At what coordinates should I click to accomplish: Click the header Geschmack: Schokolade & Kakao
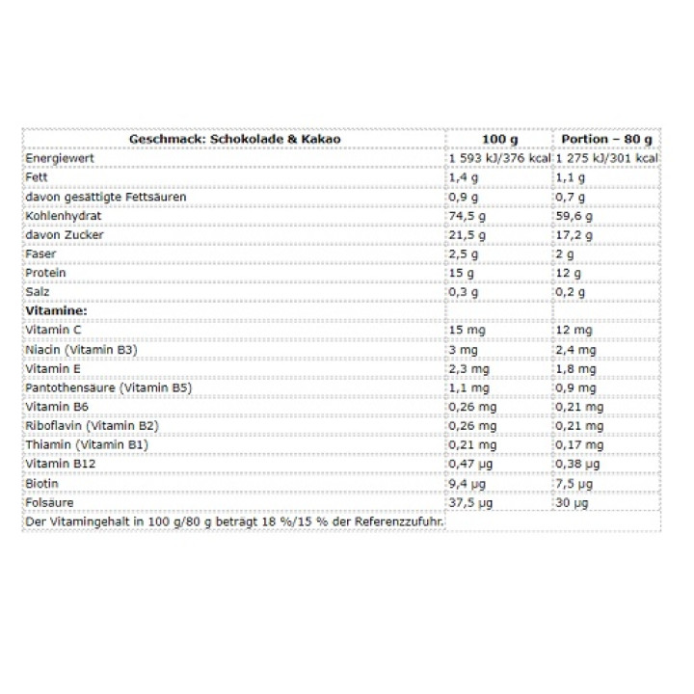click(234, 139)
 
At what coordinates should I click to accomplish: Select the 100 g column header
click(497, 139)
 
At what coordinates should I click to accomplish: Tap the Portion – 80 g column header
click(606, 139)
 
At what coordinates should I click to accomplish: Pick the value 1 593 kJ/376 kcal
click(498, 158)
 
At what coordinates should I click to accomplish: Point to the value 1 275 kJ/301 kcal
click(606, 158)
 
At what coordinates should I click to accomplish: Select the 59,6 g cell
click(574, 216)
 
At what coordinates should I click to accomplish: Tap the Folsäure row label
click(50, 503)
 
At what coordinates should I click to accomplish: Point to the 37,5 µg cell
click(471, 503)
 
